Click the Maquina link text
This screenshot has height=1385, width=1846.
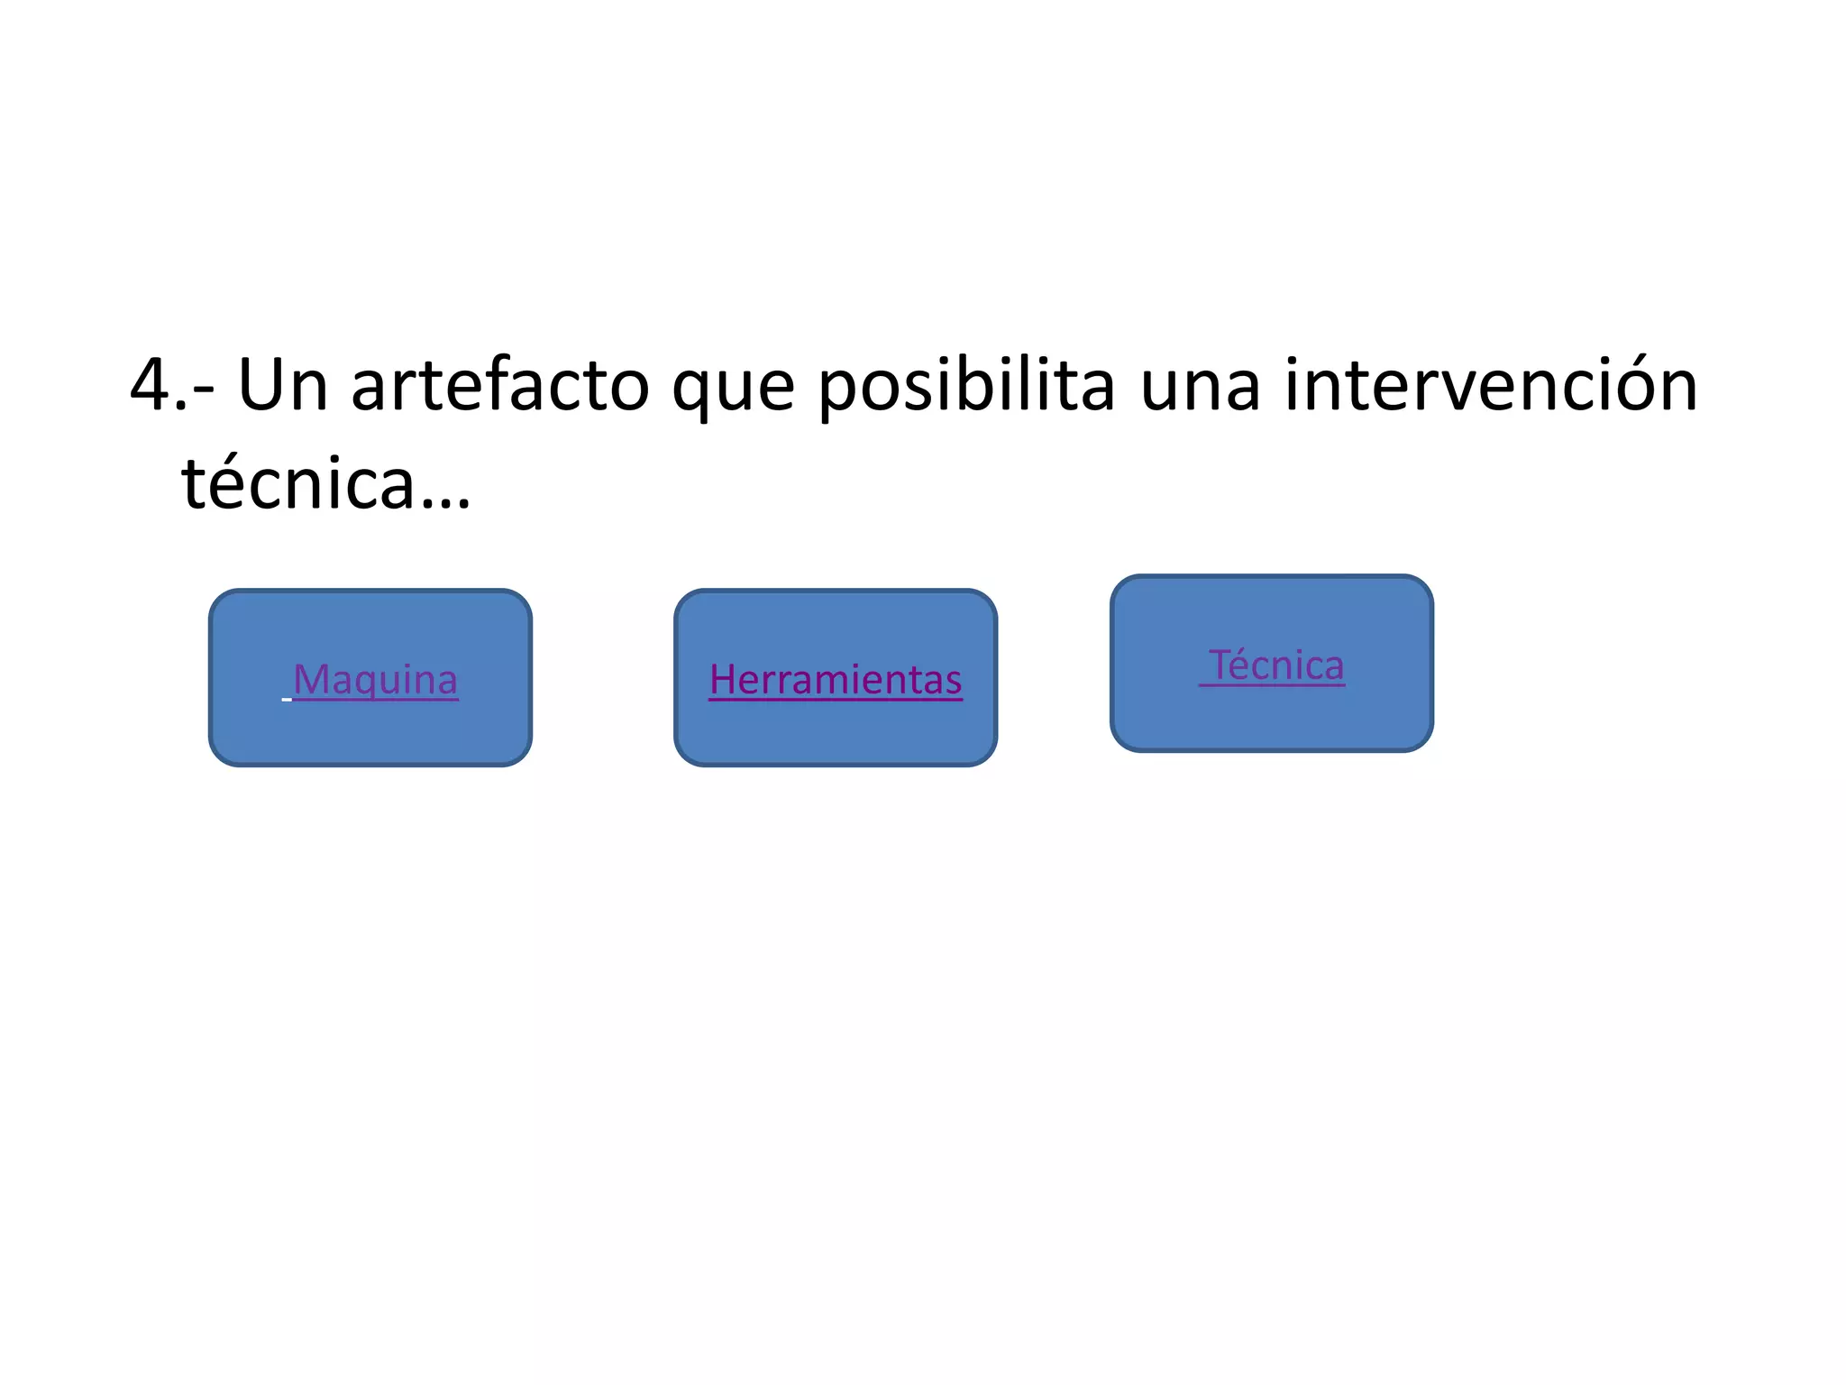click(x=375, y=679)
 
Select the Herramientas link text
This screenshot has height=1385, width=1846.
click(x=836, y=679)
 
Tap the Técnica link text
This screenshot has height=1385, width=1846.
click(x=1275, y=665)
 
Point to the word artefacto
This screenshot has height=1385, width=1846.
click(x=499, y=385)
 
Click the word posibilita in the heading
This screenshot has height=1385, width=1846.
click(x=967, y=385)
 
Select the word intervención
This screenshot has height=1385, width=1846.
click(x=1491, y=385)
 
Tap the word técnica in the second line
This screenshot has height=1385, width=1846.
click(x=297, y=482)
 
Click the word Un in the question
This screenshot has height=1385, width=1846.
click(x=282, y=385)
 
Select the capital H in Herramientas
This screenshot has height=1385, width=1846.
click(x=723, y=679)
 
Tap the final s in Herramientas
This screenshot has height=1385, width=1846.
click(x=954, y=682)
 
